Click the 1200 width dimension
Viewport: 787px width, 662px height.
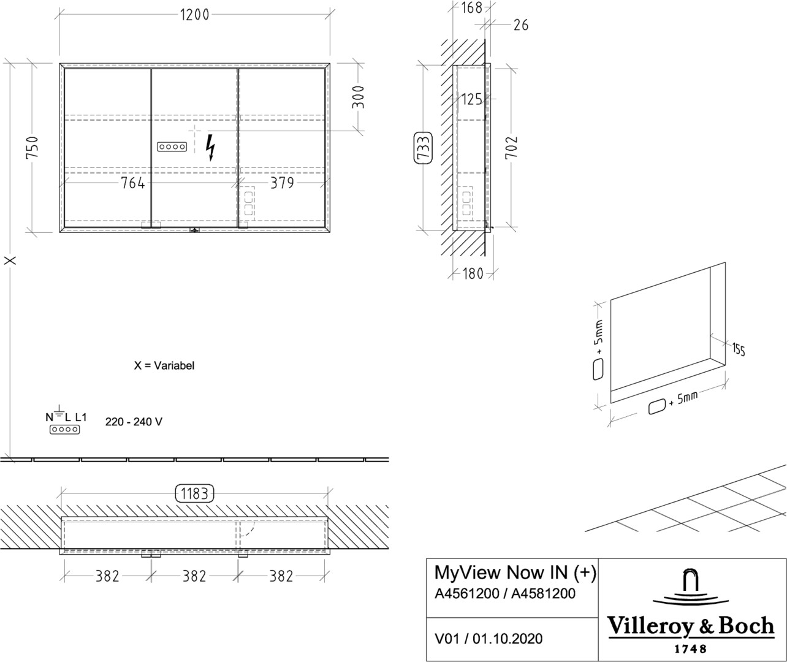[194, 15]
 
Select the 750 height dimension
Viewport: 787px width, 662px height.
[32, 147]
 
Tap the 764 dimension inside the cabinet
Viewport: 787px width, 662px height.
[132, 183]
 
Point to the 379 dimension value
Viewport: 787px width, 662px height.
[282, 183]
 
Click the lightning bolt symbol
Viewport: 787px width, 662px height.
[210, 147]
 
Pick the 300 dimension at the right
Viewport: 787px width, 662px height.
[359, 97]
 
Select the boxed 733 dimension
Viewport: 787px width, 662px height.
[424, 148]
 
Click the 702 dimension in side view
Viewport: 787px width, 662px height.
[511, 147]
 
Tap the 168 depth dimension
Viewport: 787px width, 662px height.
[471, 8]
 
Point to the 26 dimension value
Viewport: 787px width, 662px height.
[521, 25]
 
